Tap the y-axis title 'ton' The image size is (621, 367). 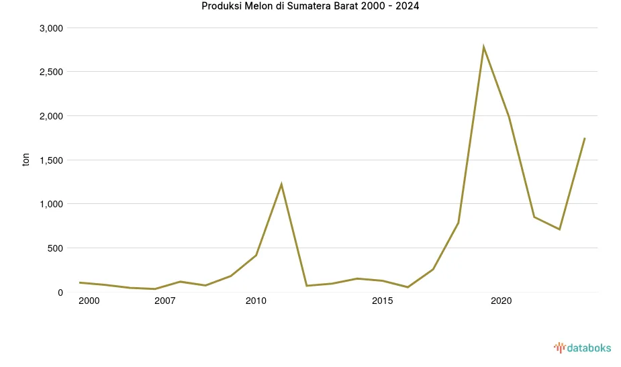coord(26,160)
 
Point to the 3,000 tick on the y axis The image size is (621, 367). coord(51,28)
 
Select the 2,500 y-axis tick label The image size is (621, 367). coord(51,72)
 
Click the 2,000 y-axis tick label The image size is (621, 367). coord(51,116)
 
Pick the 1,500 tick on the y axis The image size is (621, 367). coord(51,160)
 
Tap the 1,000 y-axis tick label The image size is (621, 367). coord(51,204)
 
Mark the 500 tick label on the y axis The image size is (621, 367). coord(55,248)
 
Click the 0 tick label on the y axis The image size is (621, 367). coord(60,293)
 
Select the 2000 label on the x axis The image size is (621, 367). coord(89,301)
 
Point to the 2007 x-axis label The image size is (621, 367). coord(164,301)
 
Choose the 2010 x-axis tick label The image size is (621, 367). coord(256,301)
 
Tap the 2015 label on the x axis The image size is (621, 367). coord(382,301)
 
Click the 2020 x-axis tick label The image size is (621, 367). coord(501,301)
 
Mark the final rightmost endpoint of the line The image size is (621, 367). coord(585,138)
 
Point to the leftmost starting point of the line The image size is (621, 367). coord(80,282)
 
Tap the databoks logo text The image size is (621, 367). coord(589,348)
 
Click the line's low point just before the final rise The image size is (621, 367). coord(559,229)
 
